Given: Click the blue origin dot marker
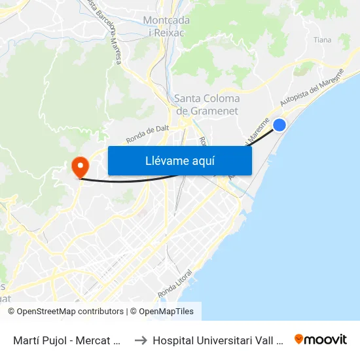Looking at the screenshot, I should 279,124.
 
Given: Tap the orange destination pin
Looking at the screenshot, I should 79,166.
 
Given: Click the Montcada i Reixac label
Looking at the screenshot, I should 166,27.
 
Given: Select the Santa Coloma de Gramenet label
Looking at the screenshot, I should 207,104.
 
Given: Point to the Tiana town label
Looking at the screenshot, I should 322,40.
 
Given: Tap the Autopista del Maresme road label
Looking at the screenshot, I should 310,88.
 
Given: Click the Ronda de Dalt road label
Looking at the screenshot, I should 147,134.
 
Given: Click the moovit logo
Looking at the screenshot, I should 320,339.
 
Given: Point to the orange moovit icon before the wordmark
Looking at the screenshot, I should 299,339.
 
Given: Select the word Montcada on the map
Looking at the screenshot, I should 166,21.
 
